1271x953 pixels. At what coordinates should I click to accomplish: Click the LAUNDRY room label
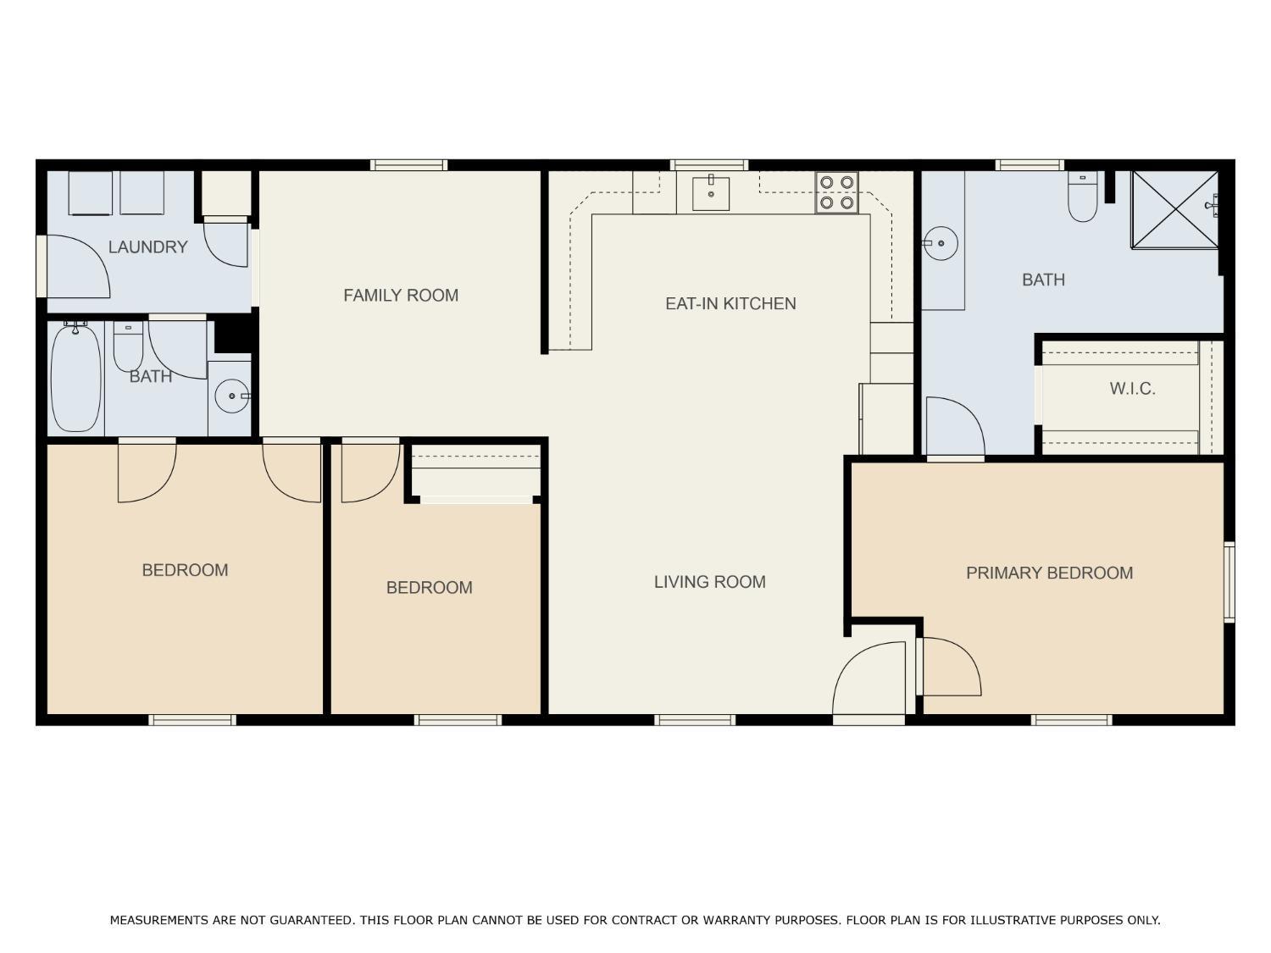147,247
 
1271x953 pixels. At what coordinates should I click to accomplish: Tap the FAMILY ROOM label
401,296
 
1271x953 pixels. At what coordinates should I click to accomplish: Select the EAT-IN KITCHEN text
730,304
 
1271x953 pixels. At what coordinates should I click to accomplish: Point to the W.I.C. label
1132,389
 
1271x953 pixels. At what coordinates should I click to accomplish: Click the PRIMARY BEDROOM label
1049,573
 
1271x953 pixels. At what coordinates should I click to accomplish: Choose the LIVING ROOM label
709,581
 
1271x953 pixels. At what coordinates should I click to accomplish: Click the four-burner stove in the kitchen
836,192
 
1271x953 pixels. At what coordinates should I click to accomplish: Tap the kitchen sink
710,193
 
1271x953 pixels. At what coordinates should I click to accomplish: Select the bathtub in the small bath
76,377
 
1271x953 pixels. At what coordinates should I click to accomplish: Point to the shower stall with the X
1175,209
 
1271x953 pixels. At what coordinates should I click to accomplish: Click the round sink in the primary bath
941,243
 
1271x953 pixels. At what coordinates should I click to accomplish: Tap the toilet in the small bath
128,347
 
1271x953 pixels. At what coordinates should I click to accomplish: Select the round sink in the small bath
232,396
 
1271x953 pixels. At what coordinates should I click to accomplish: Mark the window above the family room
408,165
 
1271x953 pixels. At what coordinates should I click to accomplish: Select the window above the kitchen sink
709,165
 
